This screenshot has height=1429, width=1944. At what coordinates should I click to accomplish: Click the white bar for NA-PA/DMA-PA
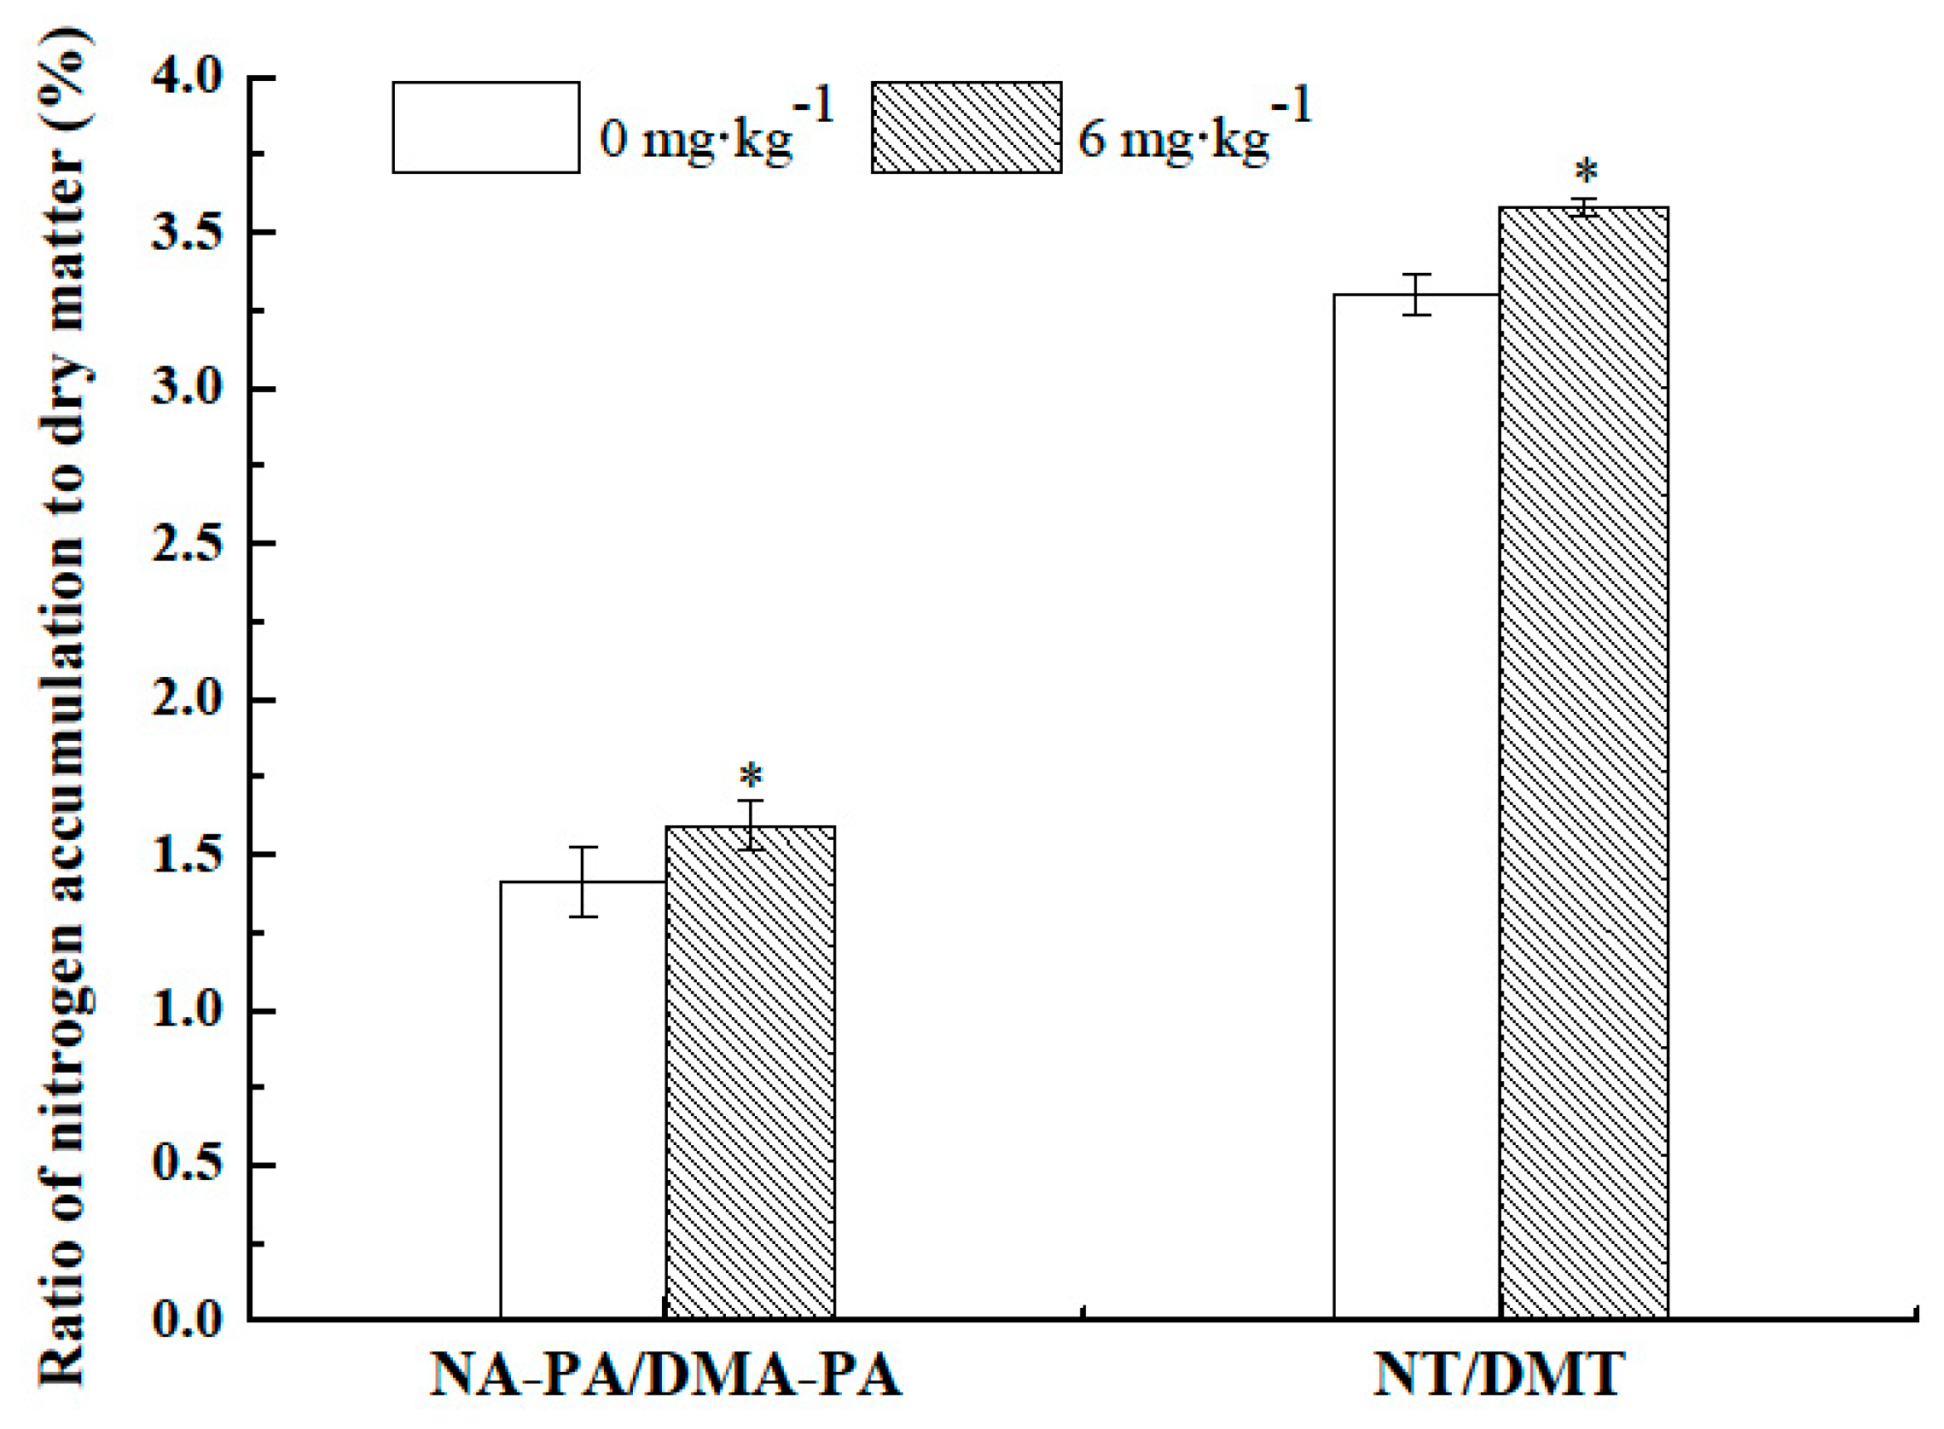pyautogui.click(x=583, y=1098)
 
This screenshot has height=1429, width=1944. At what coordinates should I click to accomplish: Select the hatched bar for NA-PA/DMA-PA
pyautogui.click(x=750, y=1073)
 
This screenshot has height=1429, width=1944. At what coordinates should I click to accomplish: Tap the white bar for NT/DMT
pyautogui.click(x=1415, y=805)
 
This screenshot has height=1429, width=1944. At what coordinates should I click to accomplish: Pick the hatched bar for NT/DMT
pyautogui.click(x=1583, y=761)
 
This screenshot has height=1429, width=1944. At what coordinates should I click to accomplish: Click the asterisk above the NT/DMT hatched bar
pyautogui.click(x=1586, y=172)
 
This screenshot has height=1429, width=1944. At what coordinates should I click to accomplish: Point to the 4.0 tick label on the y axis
pyautogui.click(x=187, y=78)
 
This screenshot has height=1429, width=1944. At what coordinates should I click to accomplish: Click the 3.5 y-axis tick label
pyautogui.click(x=187, y=234)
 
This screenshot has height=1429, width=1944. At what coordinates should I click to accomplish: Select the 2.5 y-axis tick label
pyautogui.click(x=187, y=544)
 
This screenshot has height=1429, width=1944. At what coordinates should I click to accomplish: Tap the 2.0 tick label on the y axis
pyautogui.click(x=187, y=700)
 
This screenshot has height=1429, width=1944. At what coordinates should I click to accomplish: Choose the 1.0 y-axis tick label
pyautogui.click(x=187, y=1010)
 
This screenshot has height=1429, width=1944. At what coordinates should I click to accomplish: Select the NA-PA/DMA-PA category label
pyautogui.click(x=665, y=1375)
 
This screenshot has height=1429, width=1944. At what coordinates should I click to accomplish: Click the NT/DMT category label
pyautogui.click(x=1499, y=1375)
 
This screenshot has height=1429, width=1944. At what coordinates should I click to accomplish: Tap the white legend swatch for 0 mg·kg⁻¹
pyautogui.click(x=485, y=128)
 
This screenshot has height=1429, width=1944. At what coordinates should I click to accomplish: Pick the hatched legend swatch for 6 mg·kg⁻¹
pyautogui.click(x=966, y=128)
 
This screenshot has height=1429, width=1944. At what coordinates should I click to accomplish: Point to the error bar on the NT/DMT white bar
pyautogui.click(x=1416, y=294)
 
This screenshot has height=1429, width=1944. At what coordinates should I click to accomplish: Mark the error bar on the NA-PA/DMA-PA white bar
pyautogui.click(x=583, y=882)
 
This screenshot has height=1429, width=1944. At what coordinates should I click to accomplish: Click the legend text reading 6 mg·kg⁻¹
pyautogui.click(x=1194, y=130)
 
